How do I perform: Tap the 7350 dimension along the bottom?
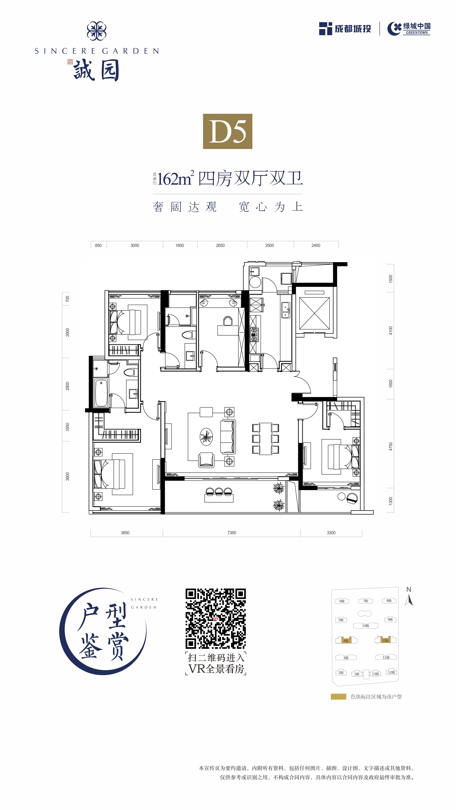232,533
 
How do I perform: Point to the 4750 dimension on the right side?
391,447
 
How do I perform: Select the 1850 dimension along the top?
180,245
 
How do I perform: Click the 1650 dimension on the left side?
67,427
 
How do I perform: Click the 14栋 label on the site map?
366,626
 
